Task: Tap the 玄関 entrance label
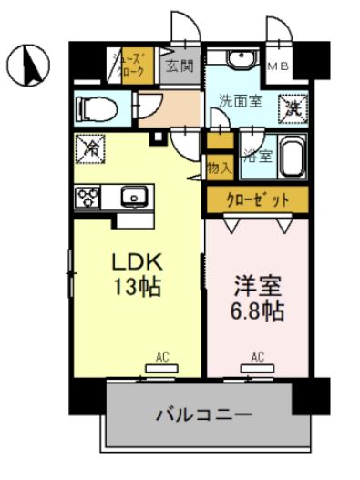179,66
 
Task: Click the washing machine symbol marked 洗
292,107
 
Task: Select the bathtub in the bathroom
292,158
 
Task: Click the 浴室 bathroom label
256,156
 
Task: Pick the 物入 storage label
219,168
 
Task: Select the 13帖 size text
135,288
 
